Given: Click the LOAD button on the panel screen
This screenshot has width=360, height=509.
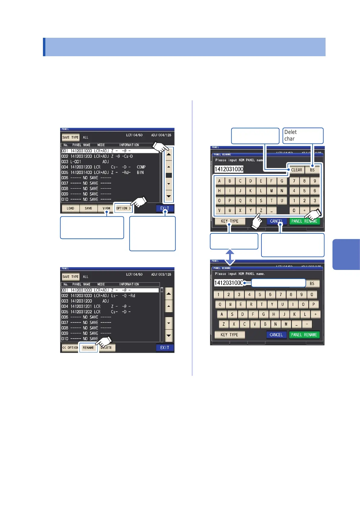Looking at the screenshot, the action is click(x=70, y=208).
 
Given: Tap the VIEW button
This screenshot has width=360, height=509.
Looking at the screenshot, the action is click(x=106, y=208).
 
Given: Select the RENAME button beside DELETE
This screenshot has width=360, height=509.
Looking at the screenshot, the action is click(x=88, y=348).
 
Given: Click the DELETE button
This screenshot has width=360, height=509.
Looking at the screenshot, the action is click(x=107, y=348).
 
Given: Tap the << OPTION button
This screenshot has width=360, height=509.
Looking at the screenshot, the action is click(x=70, y=348).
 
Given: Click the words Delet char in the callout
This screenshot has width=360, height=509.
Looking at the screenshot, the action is click(x=290, y=135).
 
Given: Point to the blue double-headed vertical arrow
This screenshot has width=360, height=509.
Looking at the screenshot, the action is click(x=230, y=257).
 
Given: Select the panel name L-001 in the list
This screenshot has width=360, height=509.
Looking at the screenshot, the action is click(x=76, y=162).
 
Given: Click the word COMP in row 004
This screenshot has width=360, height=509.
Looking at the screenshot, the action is click(x=141, y=167).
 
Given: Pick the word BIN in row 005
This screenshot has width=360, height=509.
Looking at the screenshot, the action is click(x=140, y=173).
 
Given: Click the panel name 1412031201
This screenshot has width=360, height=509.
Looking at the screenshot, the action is click(x=81, y=306).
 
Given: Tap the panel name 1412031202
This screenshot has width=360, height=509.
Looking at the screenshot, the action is click(x=81, y=312).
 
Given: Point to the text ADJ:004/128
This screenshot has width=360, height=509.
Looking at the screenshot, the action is click(x=161, y=135).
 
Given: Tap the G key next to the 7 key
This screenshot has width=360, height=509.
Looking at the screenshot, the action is click(x=282, y=181).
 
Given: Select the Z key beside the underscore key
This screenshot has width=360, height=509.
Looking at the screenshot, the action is click(x=261, y=210).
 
